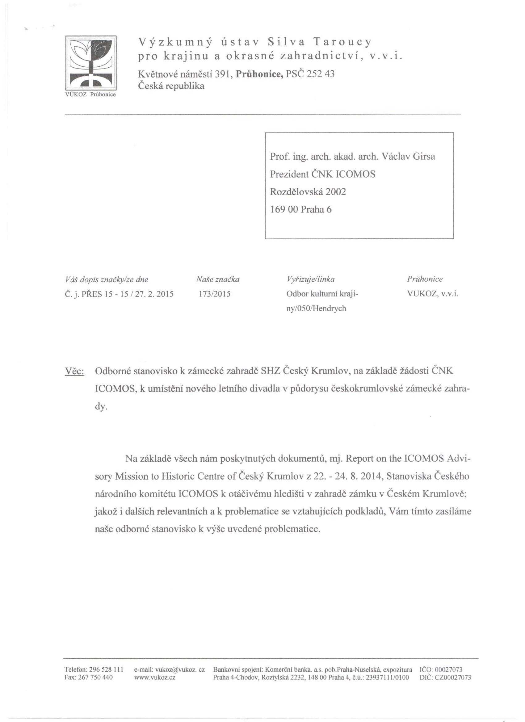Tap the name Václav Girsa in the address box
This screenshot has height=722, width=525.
408,157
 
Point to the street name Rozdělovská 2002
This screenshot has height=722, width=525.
308,192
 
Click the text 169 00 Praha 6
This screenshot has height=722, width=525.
300,209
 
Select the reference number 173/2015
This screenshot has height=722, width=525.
214,294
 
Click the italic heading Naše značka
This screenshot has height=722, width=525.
218,279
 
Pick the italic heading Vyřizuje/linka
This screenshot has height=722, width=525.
311,279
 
